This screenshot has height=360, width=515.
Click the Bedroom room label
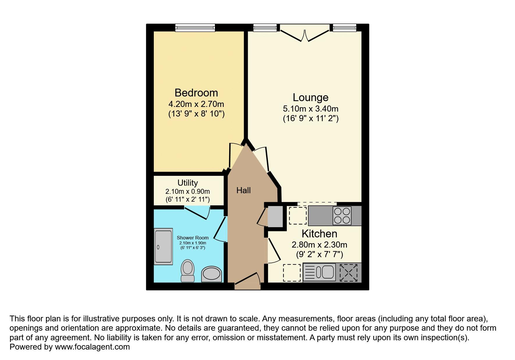(x=196, y=93)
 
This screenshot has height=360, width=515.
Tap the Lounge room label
(x=310, y=97)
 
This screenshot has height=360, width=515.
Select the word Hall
(x=243, y=191)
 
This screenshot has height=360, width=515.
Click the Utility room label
(x=188, y=183)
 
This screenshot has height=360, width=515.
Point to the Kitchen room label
(x=319, y=234)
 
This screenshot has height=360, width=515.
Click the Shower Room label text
(x=193, y=238)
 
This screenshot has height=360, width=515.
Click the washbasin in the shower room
(x=211, y=274)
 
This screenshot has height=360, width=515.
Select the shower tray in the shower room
(x=163, y=246)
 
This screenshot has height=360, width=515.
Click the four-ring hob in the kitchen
(x=342, y=216)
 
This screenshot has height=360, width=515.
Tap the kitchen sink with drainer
(x=319, y=272)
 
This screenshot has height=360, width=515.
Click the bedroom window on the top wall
(x=195, y=28)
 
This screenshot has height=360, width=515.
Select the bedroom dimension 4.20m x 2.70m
(x=196, y=104)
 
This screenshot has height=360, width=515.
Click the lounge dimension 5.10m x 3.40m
(x=310, y=109)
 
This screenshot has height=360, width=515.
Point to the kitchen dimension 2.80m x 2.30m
(x=319, y=245)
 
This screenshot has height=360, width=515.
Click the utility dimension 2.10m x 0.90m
(x=188, y=192)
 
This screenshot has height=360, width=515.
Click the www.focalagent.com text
(x=92, y=347)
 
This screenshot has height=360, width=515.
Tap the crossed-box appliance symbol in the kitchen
(x=348, y=272)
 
